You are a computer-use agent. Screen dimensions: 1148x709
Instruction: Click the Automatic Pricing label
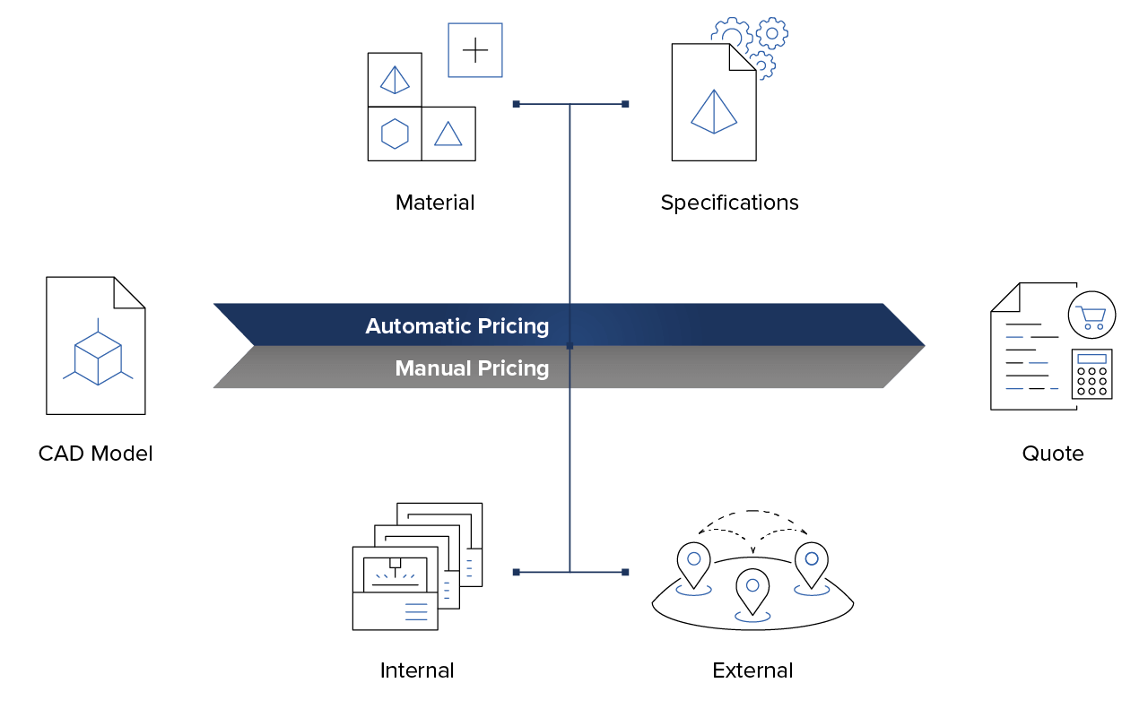(457, 326)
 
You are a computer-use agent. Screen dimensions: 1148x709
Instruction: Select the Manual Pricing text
(472, 368)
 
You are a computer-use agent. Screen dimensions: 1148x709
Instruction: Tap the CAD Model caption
(95, 454)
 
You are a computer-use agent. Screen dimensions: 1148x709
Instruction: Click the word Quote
(1053, 454)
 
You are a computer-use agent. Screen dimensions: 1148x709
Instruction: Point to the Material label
(435, 203)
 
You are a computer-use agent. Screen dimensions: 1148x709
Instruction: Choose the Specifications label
(729, 203)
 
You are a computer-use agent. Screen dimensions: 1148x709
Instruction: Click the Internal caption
(417, 670)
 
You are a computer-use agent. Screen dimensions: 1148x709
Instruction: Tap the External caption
(752, 670)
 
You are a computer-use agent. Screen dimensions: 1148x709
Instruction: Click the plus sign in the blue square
(475, 50)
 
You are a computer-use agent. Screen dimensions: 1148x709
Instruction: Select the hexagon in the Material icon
(395, 134)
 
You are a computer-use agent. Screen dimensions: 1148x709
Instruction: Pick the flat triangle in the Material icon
(448, 134)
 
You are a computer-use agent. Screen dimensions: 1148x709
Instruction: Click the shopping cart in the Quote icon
(1091, 317)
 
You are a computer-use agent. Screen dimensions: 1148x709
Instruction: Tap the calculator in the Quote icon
(1091, 374)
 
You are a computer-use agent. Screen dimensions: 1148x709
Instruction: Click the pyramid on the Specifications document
(714, 112)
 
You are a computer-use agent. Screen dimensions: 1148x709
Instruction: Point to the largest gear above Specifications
(731, 35)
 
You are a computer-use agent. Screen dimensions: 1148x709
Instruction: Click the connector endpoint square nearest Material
(516, 104)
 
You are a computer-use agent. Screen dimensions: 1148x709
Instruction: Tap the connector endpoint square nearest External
(625, 572)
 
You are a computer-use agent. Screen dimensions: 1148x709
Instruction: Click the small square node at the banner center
(570, 346)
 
